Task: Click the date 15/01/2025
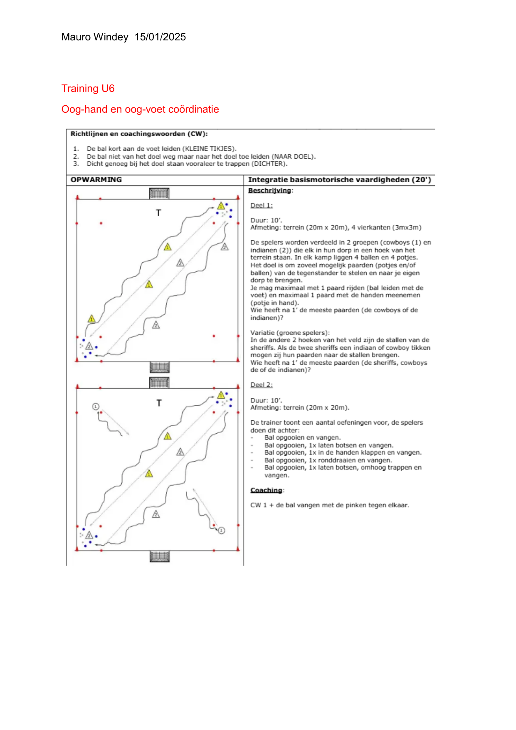(160, 37)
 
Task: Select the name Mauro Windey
(95, 37)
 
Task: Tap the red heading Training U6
(88, 89)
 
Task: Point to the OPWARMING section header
(96, 180)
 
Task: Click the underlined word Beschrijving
(269, 191)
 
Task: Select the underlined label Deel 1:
(261, 206)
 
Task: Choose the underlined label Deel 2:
(261, 385)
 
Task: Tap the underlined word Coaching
(266, 490)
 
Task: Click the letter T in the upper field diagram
(158, 213)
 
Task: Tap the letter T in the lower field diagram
(159, 403)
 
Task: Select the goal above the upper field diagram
(159, 193)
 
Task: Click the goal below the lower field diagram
(160, 556)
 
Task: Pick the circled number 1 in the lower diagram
(96, 406)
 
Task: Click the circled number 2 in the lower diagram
(222, 530)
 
